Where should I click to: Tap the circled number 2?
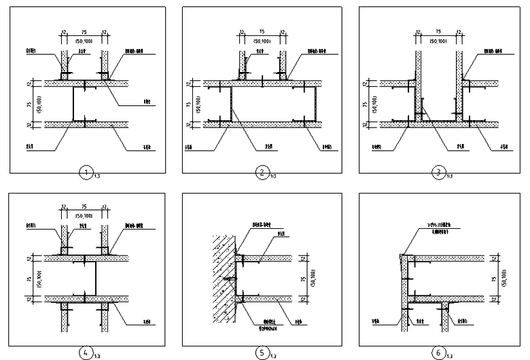click(x=262, y=173)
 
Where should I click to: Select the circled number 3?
click(x=439, y=173)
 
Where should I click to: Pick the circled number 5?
click(x=262, y=352)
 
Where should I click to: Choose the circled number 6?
click(x=439, y=352)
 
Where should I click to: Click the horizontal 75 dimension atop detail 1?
click(x=84, y=31)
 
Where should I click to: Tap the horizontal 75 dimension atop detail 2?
click(x=262, y=31)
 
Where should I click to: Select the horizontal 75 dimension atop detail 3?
click(x=438, y=31)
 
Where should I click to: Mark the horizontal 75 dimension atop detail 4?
click(x=84, y=210)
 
